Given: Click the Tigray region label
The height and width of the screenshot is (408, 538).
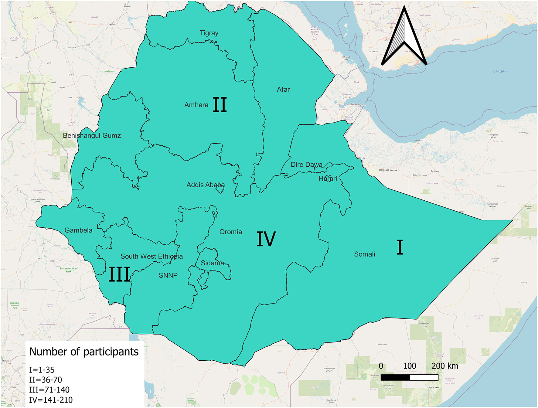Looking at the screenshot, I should pyautogui.click(x=209, y=33).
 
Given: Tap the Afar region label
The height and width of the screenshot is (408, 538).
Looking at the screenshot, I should pyautogui.click(x=283, y=90).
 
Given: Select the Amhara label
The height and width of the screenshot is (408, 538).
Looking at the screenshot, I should pyautogui.click(x=196, y=105).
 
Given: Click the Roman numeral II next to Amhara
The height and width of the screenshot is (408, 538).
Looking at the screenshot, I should pyautogui.click(x=220, y=105).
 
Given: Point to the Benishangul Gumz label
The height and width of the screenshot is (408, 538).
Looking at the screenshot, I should pyautogui.click(x=92, y=136).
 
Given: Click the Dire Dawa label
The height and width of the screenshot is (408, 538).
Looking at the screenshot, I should pyautogui.click(x=306, y=165).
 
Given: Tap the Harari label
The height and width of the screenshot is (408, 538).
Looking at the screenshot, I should pyautogui.click(x=328, y=179).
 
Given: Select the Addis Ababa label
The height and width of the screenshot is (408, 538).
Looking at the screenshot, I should pyautogui.click(x=206, y=185).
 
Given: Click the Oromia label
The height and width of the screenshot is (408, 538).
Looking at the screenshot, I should pyautogui.click(x=230, y=232).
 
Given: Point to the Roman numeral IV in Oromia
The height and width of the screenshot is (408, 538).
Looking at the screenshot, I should pyautogui.click(x=266, y=239).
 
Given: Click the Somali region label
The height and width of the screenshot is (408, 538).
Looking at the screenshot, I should pyautogui.click(x=364, y=254).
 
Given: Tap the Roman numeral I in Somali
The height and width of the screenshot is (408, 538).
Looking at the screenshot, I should pyautogui.click(x=400, y=247).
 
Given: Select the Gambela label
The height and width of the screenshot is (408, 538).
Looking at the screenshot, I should pyautogui.click(x=78, y=230).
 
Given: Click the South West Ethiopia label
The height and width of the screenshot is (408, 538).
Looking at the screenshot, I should pyautogui.click(x=152, y=257).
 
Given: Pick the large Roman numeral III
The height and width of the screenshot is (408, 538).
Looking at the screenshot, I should pyautogui.click(x=120, y=274).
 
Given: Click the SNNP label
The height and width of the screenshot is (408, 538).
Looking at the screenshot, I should pyautogui.click(x=168, y=276).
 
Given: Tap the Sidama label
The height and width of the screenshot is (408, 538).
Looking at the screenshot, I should pyautogui.click(x=212, y=263).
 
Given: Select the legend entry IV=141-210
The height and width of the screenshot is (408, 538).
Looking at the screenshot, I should pyautogui.click(x=51, y=400).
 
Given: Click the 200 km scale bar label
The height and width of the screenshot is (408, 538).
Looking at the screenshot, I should pyautogui.click(x=444, y=366).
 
